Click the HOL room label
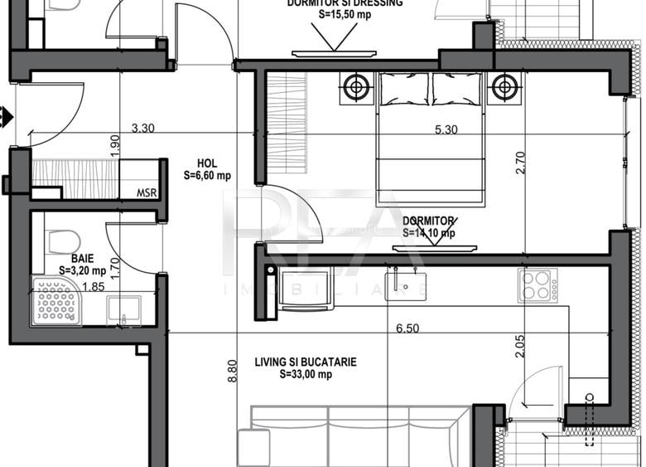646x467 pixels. (x=207, y=163)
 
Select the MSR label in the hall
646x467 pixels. (x=146, y=192)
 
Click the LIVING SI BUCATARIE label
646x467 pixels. (x=306, y=362)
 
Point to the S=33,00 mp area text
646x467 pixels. (x=306, y=374)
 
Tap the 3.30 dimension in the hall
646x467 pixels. (x=143, y=129)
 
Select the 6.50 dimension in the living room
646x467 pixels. (x=407, y=328)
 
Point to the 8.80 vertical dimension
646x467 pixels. (x=233, y=370)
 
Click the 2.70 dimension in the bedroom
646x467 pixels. (x=520, y=159)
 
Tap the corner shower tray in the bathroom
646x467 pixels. (x=56, y=301)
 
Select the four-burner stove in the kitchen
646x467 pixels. (x=538, y=284)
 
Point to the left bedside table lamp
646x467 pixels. (x=356, y=85)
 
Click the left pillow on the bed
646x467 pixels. (x=403, y=89)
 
